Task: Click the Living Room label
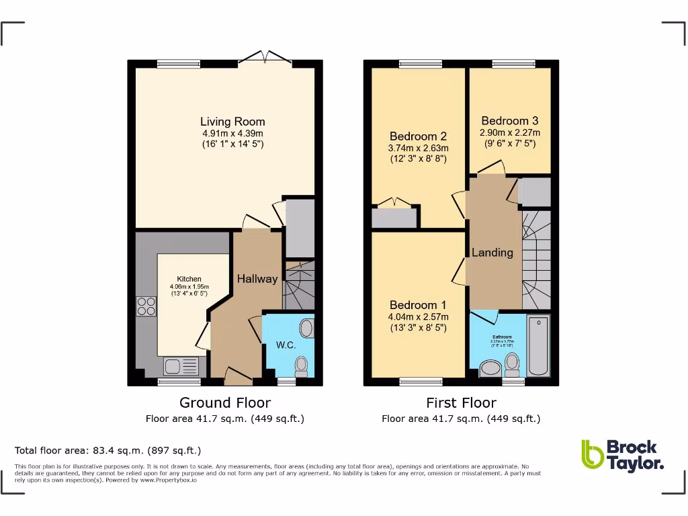tap(232, 122)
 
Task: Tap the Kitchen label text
tap(189, 279)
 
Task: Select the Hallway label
tap(257, 279)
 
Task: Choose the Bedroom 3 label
tap(509, 121)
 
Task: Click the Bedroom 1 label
tap(417, 304)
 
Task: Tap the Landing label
tap(492, 253)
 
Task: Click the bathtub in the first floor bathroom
tap(538, 346)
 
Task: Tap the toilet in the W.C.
tap(302, 366)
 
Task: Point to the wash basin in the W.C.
tap(306, 329)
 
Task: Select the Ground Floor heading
tap(225, 402)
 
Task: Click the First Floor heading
tap(461, 402)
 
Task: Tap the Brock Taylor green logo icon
tap(592, 455)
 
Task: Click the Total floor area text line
tap(107, 450)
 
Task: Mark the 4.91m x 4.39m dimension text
tap(232, 133)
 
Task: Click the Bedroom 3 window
tap(513, 64)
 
